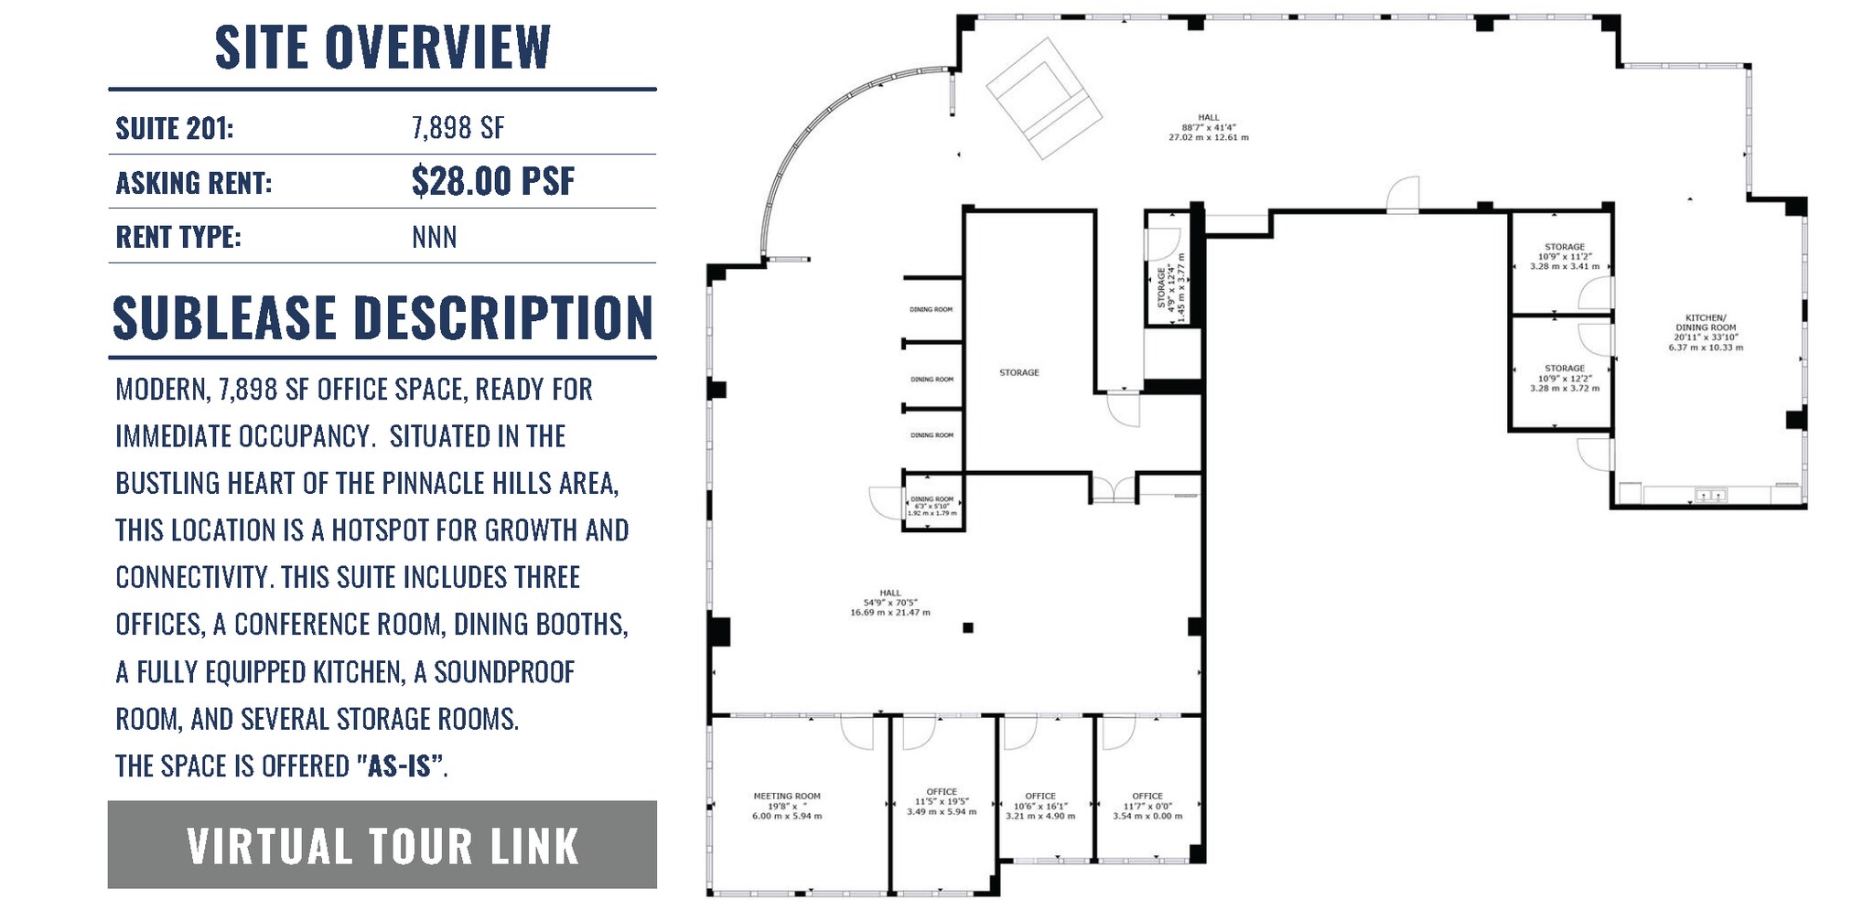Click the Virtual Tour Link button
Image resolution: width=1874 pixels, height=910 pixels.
click(382, 845)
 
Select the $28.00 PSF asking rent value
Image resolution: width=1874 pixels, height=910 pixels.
click(492, 181)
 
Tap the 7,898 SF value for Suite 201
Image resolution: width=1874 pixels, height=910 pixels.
click(458, 128)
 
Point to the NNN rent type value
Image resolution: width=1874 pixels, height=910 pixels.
click(434, 237)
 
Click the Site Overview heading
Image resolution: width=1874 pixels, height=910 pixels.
click(382, 47)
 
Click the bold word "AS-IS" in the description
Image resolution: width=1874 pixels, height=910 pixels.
click(399, 765)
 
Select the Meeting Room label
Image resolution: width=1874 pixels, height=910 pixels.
click(787, 806)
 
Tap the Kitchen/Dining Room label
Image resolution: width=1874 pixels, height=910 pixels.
click(1706, 332)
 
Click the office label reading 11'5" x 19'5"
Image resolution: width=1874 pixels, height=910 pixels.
click(942, 801)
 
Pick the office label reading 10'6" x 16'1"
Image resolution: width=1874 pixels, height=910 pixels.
click(1040, 806)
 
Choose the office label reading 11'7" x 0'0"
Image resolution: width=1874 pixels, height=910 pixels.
click(1147, 806)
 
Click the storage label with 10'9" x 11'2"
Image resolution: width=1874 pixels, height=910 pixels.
click(1565, 256)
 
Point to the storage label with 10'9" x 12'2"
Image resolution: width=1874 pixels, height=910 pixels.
click(1565, 378)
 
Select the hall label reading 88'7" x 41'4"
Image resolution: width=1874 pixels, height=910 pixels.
click(1208, 127)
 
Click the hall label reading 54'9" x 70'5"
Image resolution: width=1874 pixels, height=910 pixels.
click(889, 602)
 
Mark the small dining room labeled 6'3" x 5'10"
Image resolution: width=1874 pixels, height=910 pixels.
click(932, 506)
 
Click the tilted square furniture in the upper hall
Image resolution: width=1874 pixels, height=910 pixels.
click(1043, 97)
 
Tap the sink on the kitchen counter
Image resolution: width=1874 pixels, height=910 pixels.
click(1710, 495)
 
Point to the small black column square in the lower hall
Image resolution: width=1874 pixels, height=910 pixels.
click(968, 627)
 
